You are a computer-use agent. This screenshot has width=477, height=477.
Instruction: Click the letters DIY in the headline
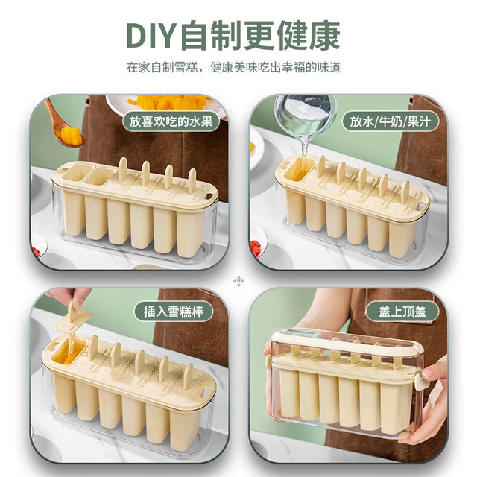150,36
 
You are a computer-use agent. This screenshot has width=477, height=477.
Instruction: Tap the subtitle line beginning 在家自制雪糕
233,68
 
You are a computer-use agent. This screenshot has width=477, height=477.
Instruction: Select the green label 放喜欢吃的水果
171,121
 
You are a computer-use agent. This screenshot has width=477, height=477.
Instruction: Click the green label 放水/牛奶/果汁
391,121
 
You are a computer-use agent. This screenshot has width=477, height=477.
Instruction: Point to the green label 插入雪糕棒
174,312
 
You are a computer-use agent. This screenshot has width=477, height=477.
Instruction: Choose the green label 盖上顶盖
402,312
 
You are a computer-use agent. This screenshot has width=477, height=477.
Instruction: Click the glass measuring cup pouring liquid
304,115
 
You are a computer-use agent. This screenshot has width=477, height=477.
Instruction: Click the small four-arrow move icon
238,281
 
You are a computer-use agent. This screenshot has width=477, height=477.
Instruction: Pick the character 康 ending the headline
325,36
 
